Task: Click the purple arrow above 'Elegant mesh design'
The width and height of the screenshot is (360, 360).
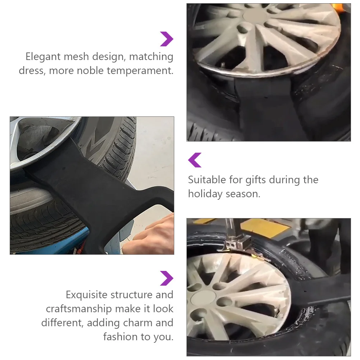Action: click(167, 39)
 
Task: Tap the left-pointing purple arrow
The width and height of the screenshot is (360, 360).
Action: click(195, 160)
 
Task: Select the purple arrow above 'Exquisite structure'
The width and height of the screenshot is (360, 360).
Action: click(167, 278)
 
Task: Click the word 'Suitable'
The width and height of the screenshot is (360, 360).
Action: click(207, 180)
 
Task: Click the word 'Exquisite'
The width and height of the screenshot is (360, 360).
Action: click(86, 295)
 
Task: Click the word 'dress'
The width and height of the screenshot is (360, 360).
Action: click(31, 71)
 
